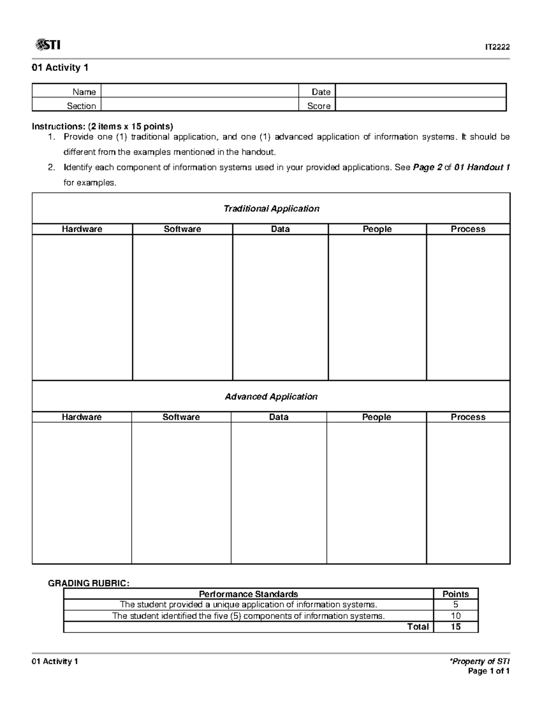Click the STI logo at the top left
(x=47, y=45)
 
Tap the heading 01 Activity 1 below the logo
(x=60, y=68)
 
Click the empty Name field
(x=200, y=91)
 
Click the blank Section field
(x=200, y=106)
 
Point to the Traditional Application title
(x=271, y=209)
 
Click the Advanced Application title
(x=271, y=397)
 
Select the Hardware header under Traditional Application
(x=82, y=229)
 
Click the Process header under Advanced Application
(x=468, y=417)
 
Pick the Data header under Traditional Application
(x=280, y=229)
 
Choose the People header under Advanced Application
(x=376, y=417)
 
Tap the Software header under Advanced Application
(x=181, y=417)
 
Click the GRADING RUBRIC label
(x=89, y=583)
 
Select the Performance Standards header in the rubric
(x=248, y=594)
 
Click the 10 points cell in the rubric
(x=455, y=616)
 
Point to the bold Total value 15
(x=455, y=627)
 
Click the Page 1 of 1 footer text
(x=489, y=671)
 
